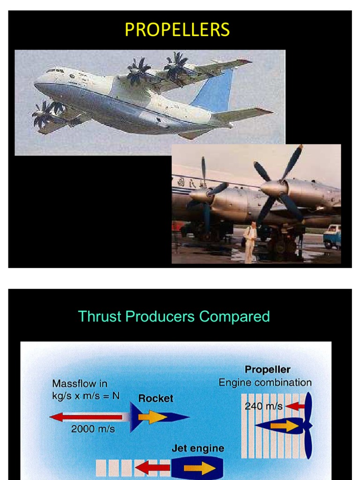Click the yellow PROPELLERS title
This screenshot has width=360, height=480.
[x=177, y=30]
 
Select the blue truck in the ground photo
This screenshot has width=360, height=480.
[x=332, y=236]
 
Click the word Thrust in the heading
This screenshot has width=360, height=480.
[x=97, y=316]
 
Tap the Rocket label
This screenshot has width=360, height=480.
[x=156, y=398]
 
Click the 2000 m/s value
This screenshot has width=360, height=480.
[x=93, y=428]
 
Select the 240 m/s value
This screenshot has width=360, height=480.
[x=263, y=406]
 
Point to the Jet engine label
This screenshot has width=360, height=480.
[x=198, y=449]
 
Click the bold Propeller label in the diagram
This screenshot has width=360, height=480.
[x=268, y=370]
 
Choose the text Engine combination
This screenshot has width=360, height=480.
[x=265, y=382]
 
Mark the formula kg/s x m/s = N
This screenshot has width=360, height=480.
[x=86, y=396]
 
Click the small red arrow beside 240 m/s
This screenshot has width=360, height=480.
[x=295, y=406]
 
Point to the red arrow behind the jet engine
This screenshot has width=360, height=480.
[x=152, y=467]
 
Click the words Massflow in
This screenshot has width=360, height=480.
[x=80, y=383]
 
